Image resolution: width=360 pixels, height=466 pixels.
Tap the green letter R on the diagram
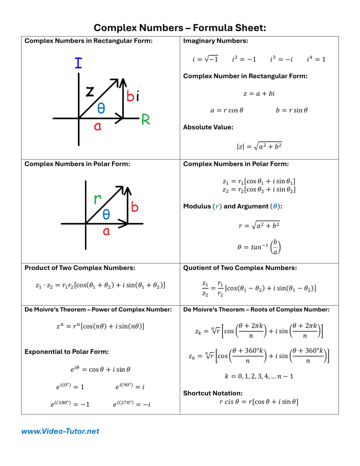pos(145,120)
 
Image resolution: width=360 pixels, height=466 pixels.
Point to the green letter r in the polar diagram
pos(98,200)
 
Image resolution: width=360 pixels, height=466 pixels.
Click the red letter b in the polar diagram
pos(135,207)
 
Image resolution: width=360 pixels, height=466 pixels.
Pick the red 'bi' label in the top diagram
pos(132,97)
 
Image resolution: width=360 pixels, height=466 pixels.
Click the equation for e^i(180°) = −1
pos(70,404)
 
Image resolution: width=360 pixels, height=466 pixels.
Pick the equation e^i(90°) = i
pos(129,387)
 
